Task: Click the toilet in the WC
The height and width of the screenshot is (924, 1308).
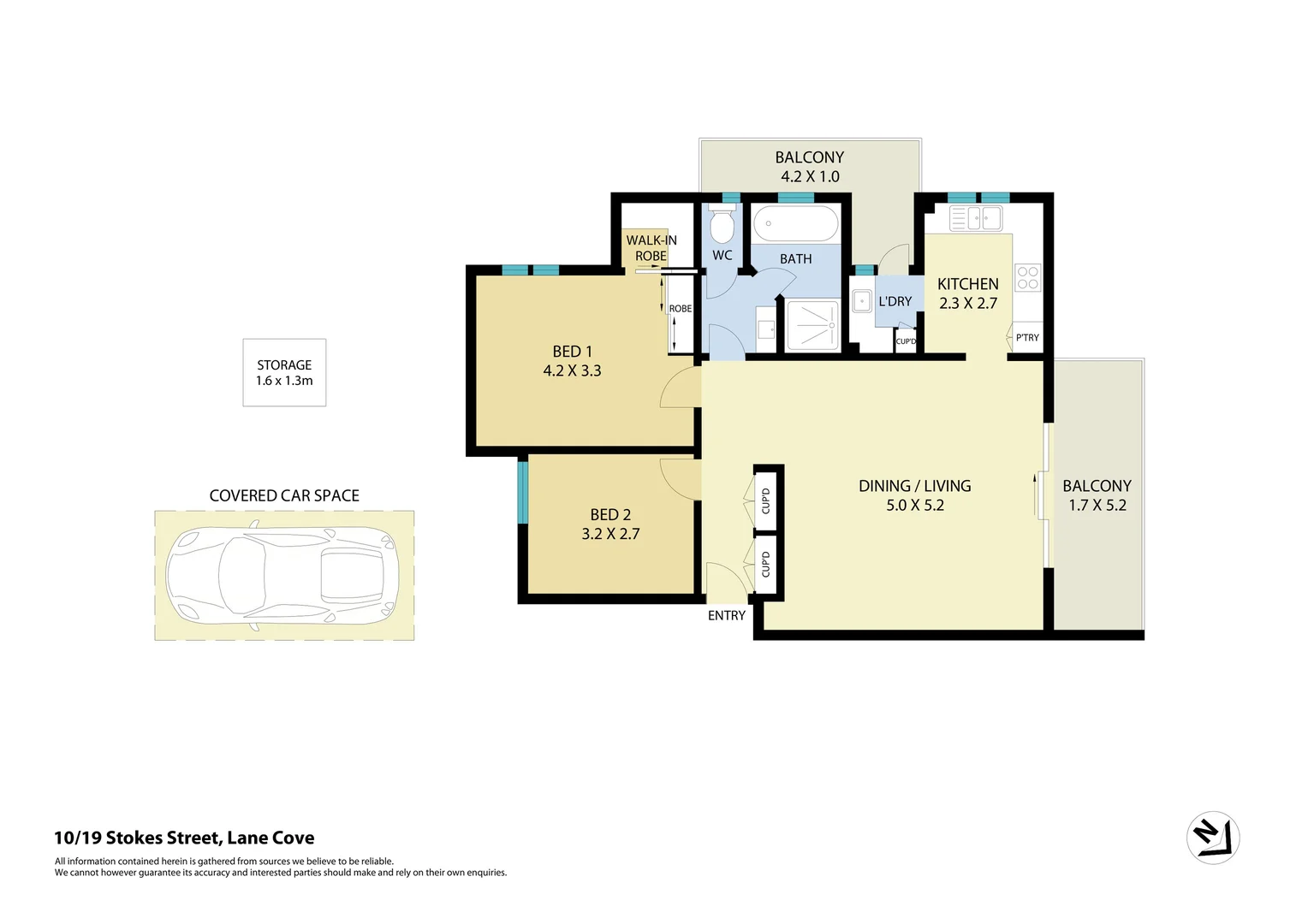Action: click(722, 227)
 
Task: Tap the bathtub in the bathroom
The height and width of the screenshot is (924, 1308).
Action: click(795, 224)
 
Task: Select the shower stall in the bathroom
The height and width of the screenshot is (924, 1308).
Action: click(812, 325)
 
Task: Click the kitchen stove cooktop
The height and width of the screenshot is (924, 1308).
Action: click(1027, 277)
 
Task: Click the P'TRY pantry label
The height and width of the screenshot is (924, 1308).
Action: click(1027, 338)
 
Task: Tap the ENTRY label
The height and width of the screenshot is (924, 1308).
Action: click(726, 615)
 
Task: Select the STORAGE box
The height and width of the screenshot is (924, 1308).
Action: click(284, 372)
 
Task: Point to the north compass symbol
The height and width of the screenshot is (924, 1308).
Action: click(1213, 838)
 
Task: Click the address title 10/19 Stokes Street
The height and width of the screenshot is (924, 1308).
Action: click(184, 838)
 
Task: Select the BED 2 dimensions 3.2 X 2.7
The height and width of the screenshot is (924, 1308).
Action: click(610, 534)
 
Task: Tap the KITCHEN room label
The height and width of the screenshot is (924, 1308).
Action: click(967, 284)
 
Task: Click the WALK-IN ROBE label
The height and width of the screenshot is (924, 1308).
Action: click(651, 248)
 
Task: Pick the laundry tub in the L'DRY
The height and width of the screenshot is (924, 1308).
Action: click(862, 301)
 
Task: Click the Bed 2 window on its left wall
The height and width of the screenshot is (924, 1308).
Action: click(522, 491)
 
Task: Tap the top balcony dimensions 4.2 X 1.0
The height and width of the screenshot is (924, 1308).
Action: click(810, 176)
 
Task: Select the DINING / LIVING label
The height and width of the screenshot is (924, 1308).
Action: click(914, 486)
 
